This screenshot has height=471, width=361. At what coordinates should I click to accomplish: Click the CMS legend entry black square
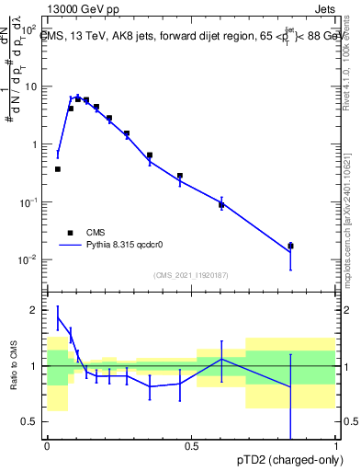pyautogui.click(x=69, y=233)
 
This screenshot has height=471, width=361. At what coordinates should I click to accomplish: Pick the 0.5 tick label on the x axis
pyautogui.click(x=192, y=446)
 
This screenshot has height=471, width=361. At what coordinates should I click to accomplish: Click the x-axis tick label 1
pyautogui.click(x=337, y=446)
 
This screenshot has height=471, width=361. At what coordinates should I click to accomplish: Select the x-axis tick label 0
pyautogui.click(x=47, y=446)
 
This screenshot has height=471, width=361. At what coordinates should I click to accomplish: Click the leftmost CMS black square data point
pyautogui.click(x=58, y=169)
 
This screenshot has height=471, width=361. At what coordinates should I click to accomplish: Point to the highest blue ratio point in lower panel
pyautogui.click(x=58, y=318)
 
